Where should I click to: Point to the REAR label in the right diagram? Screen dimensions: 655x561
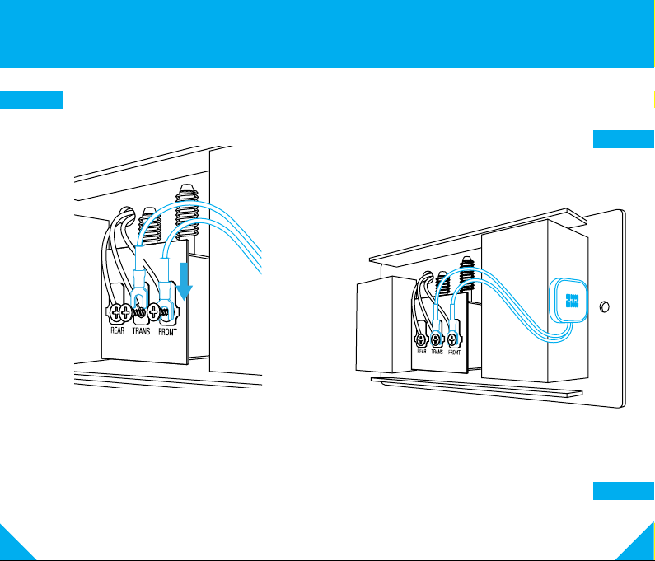click(x=423, y=351)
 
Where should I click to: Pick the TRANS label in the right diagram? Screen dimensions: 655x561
click(x=437, y=351)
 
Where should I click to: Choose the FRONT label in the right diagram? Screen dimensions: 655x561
click(x=454, y=351)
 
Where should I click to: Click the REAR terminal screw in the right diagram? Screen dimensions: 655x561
click(x=422, y=339)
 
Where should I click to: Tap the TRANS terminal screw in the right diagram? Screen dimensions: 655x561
click(x=437, y=339)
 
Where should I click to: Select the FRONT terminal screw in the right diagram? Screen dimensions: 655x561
click(x=453, y=339)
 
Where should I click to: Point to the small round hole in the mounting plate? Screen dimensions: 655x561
click(x=605, y=307)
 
